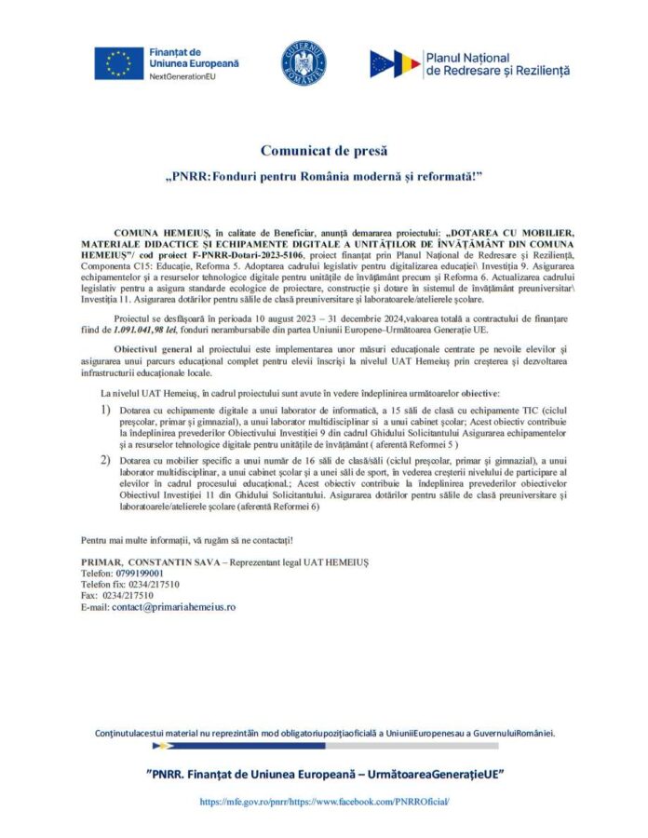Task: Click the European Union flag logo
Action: point(118,63)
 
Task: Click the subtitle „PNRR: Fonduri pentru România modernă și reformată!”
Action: point(323,175)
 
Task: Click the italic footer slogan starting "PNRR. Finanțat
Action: point(325,774)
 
